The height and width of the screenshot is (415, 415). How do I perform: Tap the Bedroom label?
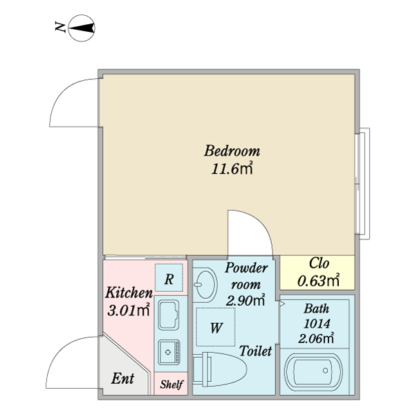click(231, 151)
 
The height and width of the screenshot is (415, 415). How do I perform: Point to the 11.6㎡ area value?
click(231, 168)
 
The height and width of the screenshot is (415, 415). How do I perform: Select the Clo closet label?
click(318, 264)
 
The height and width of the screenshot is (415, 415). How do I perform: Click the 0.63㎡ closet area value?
click(318, 280)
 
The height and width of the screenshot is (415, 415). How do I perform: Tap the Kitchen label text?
click(129, 293)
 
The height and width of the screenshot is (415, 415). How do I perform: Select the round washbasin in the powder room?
click(205, 284)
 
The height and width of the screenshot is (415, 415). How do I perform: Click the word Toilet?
click(255, 351)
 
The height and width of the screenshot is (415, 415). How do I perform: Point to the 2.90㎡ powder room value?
click(246, 300)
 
